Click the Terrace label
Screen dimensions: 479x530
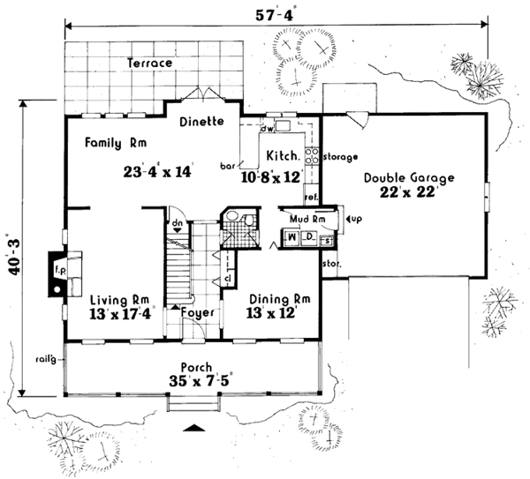pyautogui.click(x=148, y=64)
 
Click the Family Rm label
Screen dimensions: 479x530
pyautogui.click(x=115, y=141)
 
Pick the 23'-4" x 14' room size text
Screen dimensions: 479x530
pyautogui.click(x=158, y=172)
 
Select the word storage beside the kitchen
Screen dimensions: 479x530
pyautogui.click(x=339, y=158)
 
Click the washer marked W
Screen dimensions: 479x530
pyautogui.click(x=291, y=236)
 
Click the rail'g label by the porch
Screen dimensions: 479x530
pyautogui.click(x=45, y=357)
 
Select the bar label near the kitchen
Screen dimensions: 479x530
pyautogui.click(x=225, y=164)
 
